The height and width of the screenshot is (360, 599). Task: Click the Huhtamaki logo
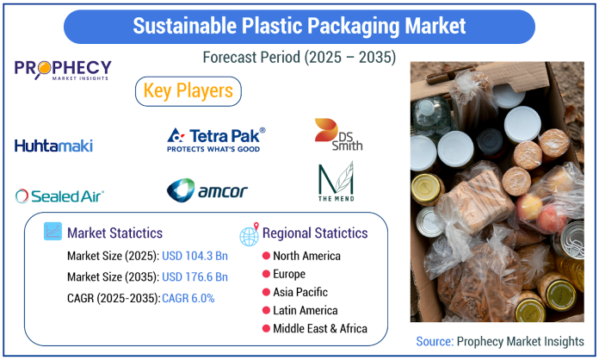pyautogui.click(x=53, y=146)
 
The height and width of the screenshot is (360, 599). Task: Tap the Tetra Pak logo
pyautogui.click(x=216, y=140)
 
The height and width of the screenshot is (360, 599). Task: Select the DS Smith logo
pyautogui.click(x=338, y=134)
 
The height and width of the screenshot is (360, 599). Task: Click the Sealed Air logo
pyautogui.click(x=59, y=196)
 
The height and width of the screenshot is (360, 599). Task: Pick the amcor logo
pyautogui.click(x=207, y=190)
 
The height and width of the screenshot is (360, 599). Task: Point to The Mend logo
pyautogui.click(x=337, y=182)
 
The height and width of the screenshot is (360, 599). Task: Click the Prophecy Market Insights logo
pyautogui.click(x=63, y=70)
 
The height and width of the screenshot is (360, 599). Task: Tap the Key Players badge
pyautogui.click(x=188, y=91)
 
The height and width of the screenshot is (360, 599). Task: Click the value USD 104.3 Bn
pyautogui.click(x=195, y=256)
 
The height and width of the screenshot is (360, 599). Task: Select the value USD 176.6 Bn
pyautogui.click(x=195, y=276)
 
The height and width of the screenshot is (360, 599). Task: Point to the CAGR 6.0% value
pyautogui.click(x=188, y=298)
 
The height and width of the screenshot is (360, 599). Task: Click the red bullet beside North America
pyautogui.click(x=266, y=256)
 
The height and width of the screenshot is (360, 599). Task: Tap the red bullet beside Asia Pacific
pyautogui.click(x=266, y=292)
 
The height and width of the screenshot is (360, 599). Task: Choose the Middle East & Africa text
pyautogui.click(x=320, y=329)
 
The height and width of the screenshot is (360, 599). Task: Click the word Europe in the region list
pyautogui.click(x=289, y=274)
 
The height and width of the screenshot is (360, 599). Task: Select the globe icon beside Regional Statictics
pyautogui.click(x=249, y=234)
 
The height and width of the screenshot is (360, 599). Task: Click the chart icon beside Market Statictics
pyautogui.click(x=52, y=231)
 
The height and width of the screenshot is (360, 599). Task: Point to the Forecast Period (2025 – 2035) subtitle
pyautogui.click(x=299, y=58)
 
